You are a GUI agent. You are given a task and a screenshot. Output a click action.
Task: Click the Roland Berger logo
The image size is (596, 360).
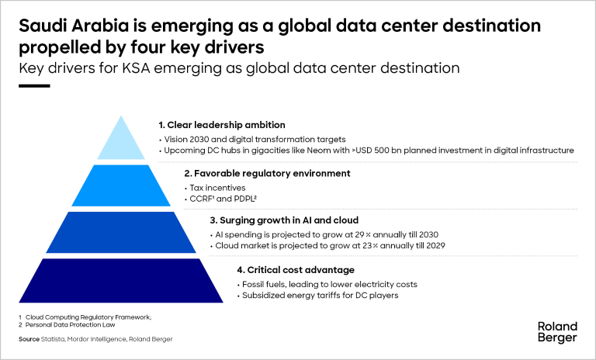click(x=556, y=331)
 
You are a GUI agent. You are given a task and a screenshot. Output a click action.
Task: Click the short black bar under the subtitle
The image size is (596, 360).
click(x=33, y=86)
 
